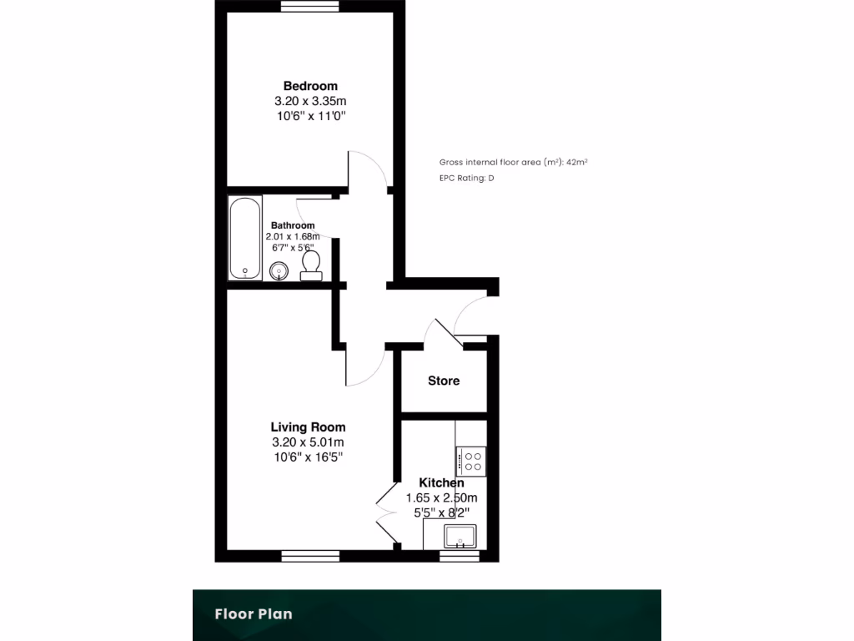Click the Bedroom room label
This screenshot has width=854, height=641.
(310, 86)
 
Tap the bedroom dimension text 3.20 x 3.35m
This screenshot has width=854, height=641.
(310, 101)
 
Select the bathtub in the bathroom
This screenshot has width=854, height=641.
(245, 238)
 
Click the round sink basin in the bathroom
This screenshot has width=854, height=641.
(279, 270)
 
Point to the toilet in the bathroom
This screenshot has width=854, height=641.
(311, 265)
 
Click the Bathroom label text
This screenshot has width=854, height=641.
(292, 225)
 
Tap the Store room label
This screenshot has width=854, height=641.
(444, 381)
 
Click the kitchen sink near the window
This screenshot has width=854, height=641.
(460, 536)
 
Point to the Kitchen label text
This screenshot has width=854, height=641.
(441, 482)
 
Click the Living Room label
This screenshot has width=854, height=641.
(308, 427)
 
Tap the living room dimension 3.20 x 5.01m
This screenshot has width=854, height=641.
(308, 442)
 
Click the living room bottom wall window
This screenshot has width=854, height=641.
(310, 555)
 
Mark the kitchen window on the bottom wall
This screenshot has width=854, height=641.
(460, 555)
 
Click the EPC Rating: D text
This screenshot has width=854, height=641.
(466, 178)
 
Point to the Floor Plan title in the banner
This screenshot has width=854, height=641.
(254, 614)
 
